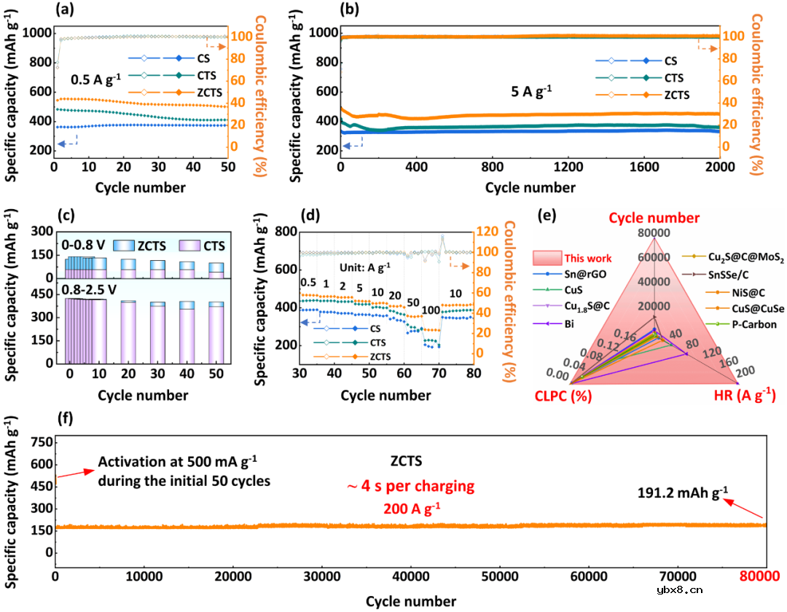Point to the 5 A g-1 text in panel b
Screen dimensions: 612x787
tap(530, 91)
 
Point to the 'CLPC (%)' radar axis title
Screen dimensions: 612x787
tap(559, 397)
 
